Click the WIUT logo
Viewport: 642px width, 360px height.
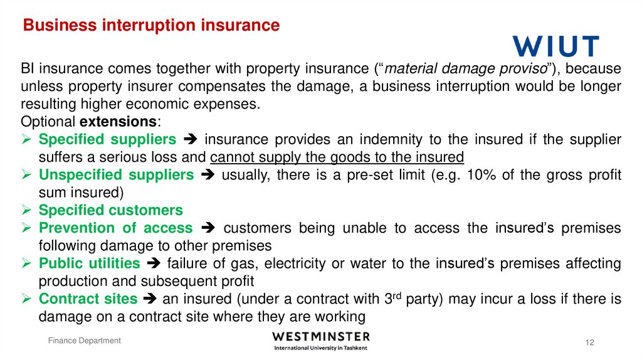(x=555, y=46)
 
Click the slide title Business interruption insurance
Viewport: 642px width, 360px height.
(x=151, y=25)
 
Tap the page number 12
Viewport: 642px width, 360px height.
(x=589, y=342)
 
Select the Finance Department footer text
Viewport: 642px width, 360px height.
(x=85, y=341)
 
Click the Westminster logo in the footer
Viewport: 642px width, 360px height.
(x=321, y=341)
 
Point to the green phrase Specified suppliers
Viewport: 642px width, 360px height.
(x=107, y=139)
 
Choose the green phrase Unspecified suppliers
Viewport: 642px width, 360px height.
(x=116, y=175)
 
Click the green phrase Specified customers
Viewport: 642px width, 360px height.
(x=110, y=210)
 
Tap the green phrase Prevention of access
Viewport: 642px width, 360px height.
(x=115, y=228)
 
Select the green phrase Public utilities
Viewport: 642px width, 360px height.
(x=89, y=263)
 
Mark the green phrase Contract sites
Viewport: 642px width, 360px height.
(x=87, y=299)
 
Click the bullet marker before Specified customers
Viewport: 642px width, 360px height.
(x=27, y=210)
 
